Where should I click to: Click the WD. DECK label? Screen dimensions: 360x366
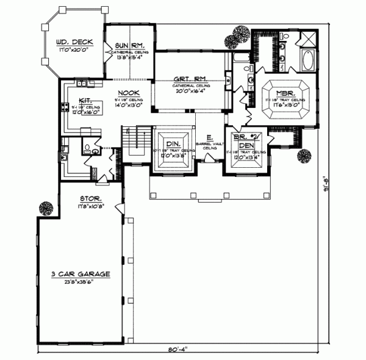pos(74,42)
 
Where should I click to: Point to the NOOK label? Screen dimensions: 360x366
pos(127,93)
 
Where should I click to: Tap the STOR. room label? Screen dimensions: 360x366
pos(90,199)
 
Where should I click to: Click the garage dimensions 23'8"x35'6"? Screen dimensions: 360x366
pos(81,283)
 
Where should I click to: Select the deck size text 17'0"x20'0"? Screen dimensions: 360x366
pos(74,50)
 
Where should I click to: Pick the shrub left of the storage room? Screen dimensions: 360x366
pos(45,208)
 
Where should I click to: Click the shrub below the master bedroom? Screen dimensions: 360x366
pos(303,157)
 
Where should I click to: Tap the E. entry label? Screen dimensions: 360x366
pos(209,138)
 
